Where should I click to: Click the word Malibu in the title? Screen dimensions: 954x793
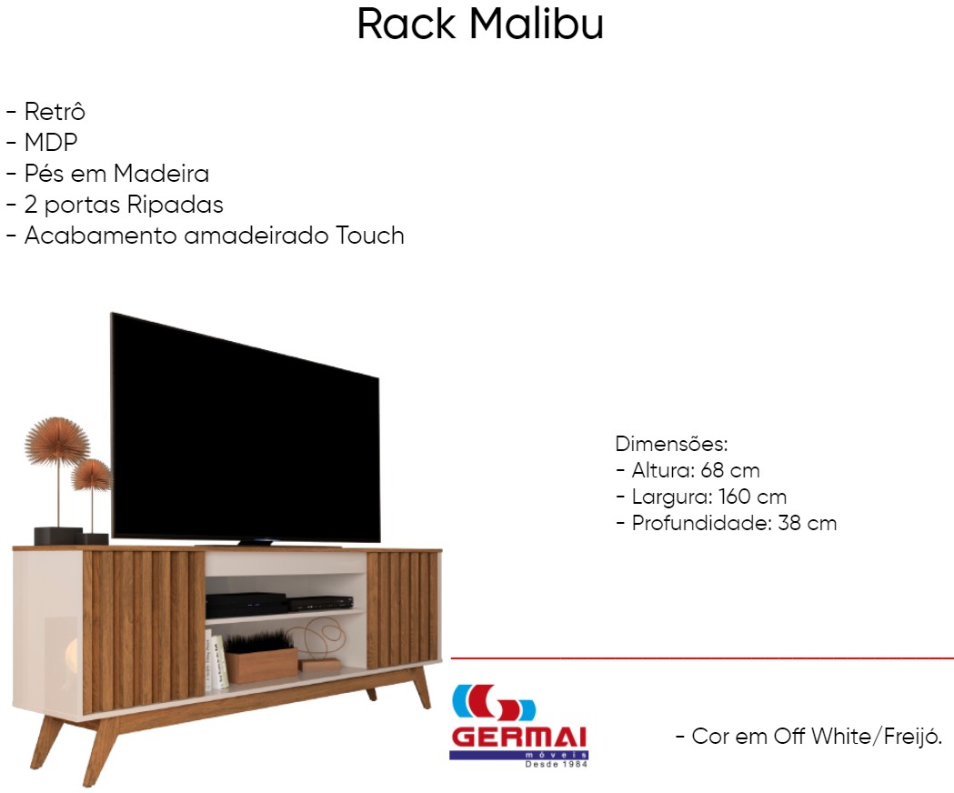coord(537,25)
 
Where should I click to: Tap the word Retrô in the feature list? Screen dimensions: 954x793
coord(55,111)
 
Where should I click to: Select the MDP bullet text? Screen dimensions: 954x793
coord(51,143)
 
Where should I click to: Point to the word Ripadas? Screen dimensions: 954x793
coord(176,205)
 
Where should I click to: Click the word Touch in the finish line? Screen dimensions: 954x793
coord(370,236)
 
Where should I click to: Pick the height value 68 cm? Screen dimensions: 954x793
coord(730,470)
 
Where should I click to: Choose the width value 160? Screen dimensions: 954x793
coord(734,497)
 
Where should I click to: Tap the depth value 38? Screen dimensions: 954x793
coord(789,523)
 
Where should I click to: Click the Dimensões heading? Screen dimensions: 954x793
coord(672,444)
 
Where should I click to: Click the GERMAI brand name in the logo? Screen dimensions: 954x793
coord(519,737)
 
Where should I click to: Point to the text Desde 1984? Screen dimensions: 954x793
coord(556,764)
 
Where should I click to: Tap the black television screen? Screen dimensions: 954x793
coord(246,429)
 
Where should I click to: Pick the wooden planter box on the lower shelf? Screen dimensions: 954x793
coord(262,664)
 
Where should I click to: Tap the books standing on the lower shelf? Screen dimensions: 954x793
coord(216,661)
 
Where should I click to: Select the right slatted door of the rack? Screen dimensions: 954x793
coord(403,609)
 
